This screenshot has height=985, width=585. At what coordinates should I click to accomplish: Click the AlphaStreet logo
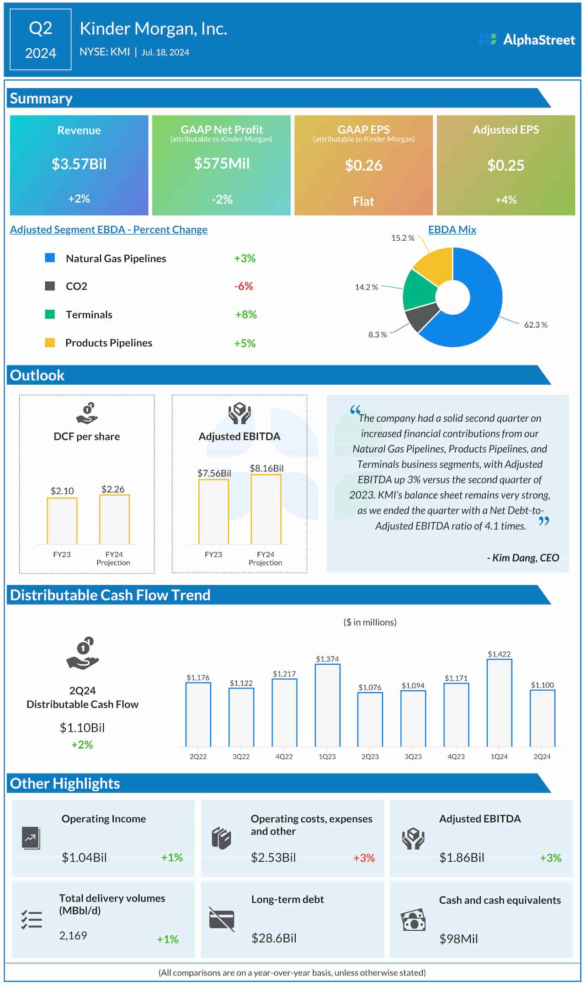point(526,40)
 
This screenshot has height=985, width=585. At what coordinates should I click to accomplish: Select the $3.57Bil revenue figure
point(79,164)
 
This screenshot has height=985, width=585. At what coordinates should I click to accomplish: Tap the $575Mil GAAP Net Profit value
point(222,164)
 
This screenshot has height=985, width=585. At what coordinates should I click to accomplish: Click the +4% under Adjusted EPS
point(505,200)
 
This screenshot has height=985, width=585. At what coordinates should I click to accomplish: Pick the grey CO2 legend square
point(50,286)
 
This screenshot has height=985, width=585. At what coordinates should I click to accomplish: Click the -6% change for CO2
point(244,286)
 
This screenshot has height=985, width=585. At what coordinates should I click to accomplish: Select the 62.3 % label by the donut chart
point(535,325)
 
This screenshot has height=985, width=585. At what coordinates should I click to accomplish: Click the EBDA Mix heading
point(452,230)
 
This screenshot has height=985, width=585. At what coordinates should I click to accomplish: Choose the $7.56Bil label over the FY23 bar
point(214,473)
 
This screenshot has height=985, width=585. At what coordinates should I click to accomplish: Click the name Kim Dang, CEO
point(523,558)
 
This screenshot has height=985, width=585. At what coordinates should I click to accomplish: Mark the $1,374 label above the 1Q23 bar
point(327,659)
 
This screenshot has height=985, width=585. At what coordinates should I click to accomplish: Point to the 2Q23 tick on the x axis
point(370,757)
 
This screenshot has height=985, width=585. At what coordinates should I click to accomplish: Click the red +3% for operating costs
point(364,858)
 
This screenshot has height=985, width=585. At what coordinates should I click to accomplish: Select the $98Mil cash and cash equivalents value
point(458,939)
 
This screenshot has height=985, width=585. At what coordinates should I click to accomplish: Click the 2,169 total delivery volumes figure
point(73,935)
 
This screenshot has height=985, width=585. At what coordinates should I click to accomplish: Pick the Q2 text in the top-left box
point(40,28)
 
